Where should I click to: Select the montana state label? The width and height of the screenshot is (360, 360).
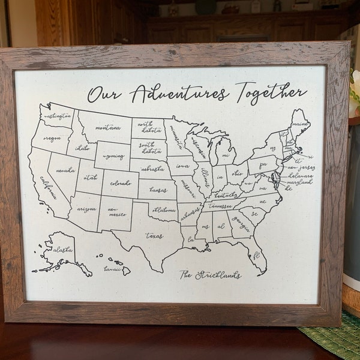(108, 127)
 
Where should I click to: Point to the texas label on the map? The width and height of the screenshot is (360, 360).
(154, 236)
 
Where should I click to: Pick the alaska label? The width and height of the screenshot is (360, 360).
(62, 250)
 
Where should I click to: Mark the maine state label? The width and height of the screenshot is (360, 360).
(300, 125)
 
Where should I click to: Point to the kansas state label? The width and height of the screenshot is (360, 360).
(158, 190)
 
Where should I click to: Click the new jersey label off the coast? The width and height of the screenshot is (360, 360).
(301, 168)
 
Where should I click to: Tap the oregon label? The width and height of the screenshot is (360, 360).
(52, 137)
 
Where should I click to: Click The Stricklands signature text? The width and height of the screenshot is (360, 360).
(210, 275)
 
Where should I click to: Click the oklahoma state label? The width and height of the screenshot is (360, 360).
(163, 210)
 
